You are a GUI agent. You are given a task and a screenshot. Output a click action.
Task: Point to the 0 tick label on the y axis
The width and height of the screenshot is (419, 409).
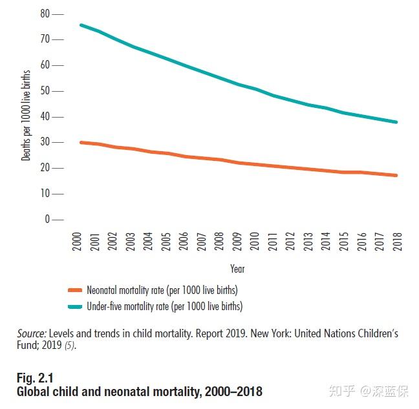[47, 220]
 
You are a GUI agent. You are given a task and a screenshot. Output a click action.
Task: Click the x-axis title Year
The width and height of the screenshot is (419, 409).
[237, 268]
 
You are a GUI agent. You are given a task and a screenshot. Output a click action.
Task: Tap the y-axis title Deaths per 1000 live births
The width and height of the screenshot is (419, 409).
[26, 116]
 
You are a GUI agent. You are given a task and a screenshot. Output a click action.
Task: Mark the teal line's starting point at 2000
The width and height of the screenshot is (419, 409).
[81, 25]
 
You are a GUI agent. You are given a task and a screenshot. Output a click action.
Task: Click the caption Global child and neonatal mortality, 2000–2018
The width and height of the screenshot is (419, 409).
[140, 392]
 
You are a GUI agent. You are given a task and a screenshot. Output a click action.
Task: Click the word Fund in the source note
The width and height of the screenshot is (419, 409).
[27, 346]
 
